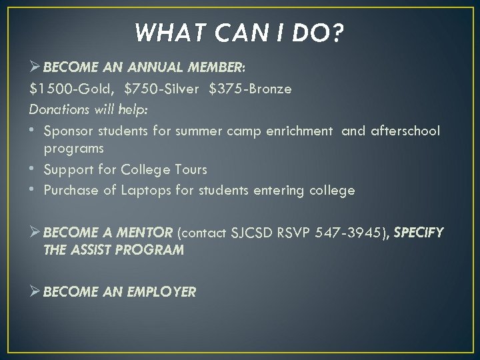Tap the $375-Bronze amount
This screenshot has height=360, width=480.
[250, 89]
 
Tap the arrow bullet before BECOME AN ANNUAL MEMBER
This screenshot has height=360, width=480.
[35, 67]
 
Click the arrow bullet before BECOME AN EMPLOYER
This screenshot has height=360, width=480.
[35, 291]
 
